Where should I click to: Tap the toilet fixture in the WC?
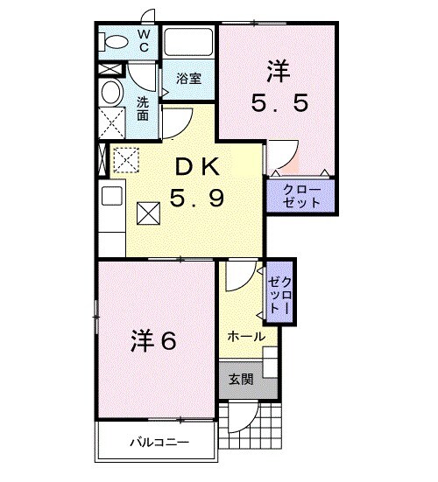[x=111, y=41]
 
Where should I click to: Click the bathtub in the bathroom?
[x=188, y=44]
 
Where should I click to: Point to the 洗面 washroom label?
[x=143, y=107]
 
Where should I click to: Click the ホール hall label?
[x=246, y=336]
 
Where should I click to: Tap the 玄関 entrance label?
[x=242, y=380]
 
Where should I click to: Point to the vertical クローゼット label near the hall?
[x=281, y=294]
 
